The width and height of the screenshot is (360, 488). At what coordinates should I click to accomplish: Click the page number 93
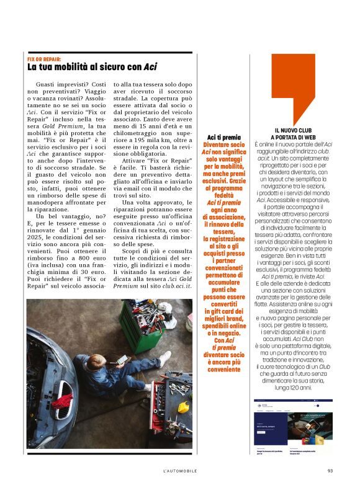point(330,471)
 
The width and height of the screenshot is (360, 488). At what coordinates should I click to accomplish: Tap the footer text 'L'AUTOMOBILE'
point(180,471)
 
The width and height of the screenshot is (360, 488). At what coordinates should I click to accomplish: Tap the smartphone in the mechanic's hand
point(124,360)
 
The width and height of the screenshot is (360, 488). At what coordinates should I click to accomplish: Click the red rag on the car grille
point(62,402)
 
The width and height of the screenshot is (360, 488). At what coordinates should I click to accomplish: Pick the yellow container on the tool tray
point(183,407)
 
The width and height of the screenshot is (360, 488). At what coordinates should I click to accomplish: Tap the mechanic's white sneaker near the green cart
point(164,358)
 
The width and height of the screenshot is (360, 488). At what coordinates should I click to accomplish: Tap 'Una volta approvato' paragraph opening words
point(147,202)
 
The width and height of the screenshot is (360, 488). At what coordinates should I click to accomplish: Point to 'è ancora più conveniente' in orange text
point(223,366)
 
